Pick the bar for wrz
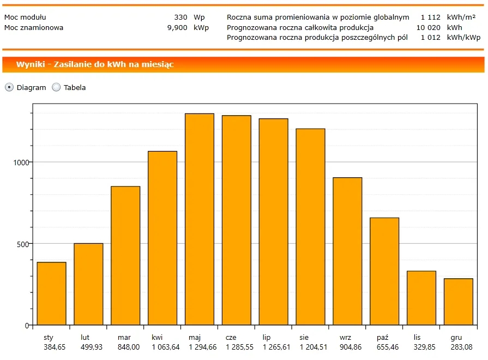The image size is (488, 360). [347, 251]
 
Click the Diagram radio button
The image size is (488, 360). [9, 87]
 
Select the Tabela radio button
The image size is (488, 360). [56, 87]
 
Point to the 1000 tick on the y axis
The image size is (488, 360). [21, 162]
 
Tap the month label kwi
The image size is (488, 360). [157, 338]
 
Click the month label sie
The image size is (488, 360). [304, 338]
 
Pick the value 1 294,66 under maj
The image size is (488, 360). [201, 347]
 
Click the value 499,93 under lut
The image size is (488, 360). [92, 347]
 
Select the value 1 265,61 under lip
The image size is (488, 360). [276, 347]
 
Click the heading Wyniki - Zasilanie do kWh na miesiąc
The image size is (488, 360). [95, 64]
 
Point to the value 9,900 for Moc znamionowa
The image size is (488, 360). [177, 27]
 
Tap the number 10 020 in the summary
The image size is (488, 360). [428, 27]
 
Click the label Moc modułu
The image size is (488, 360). [25, 17]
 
